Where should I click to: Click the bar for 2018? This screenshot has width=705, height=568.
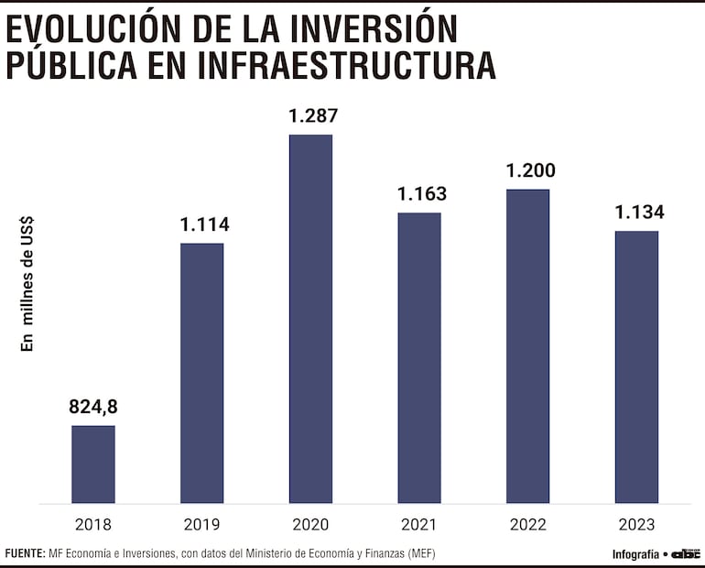[x=93, y=464]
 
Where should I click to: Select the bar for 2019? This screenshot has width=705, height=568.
[x=201, y=373]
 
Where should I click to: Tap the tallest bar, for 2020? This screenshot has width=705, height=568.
[x=310, y=319]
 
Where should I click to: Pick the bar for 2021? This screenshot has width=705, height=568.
[x=418, y=357]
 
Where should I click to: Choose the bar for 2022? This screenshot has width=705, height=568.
[x=527, y=346]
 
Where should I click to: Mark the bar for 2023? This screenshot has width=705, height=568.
[x=636, y=366]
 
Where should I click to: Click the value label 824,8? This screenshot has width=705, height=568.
[x=93, y=406]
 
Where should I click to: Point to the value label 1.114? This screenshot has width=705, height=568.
[x=202, y=224]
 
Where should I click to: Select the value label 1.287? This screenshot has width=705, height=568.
[x=313, y=116]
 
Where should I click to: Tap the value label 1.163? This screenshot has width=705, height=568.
[x=421, y=194]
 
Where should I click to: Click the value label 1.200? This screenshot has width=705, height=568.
[x=530, y=171]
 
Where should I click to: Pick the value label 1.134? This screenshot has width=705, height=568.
[x=638, y=213]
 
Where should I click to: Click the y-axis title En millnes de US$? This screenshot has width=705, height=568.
[x=27, y=283]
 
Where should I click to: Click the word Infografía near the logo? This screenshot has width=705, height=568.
[x=635, y=553]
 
